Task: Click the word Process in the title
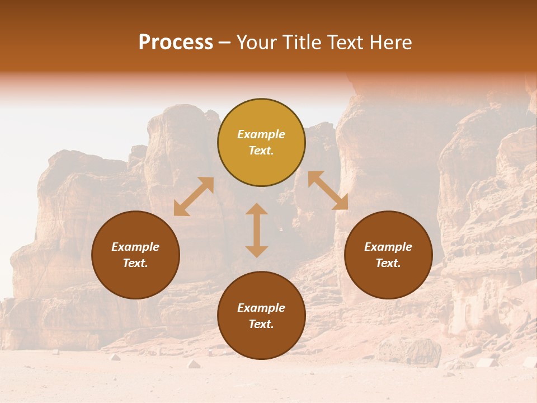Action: pyautogui.click(x=176, y=43)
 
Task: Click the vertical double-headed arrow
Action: pyautogui.click(x=257, y=230)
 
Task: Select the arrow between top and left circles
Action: pyautogui.click(x=194, y=196)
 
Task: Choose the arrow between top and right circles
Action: pyautogui.click(x=328, y=190)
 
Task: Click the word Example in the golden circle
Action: pyautogui.click(x=261, y=134)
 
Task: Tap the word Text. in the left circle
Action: pyautogui.click(x=135, y=263)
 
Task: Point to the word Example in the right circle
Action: pyautogui.click(x=388, y=247)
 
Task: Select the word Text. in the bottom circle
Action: pyautogui.click(x=261, y=324)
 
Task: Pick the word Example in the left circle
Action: pyautogui.click(x=135, y=247)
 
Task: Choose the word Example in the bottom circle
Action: pyautogui.click(x=261, y=308)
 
